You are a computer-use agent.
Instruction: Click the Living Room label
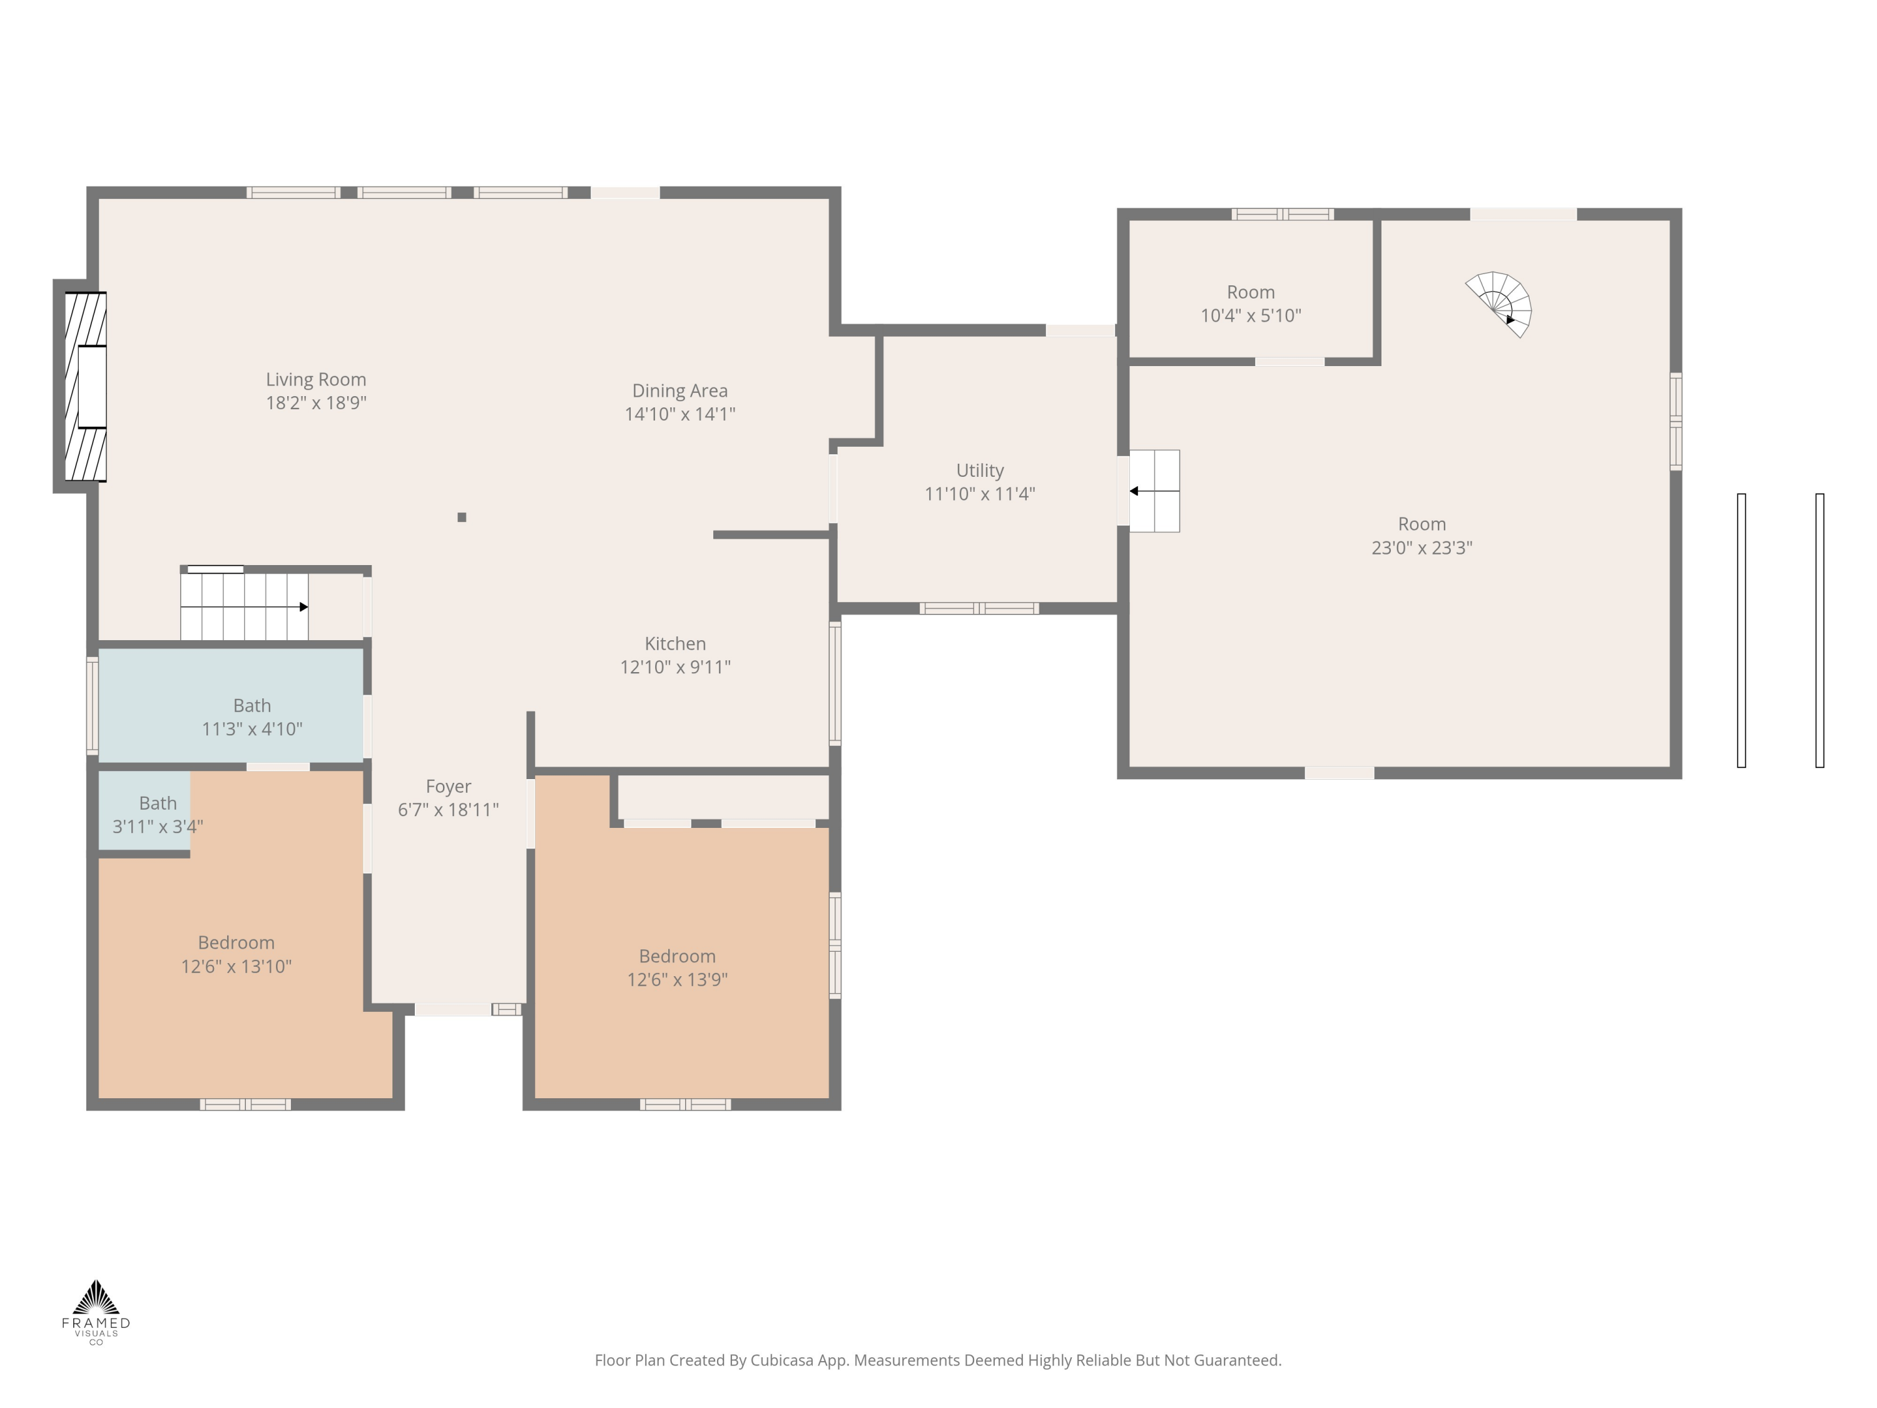click(x=316, y=390)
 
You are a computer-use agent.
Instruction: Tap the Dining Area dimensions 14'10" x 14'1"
click(x=679, y=414)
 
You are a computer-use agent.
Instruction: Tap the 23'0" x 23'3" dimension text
click(x=1422, y=548)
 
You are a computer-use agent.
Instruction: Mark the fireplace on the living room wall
click(x=86, y=386)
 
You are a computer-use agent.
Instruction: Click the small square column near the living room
click(x=462, y=517)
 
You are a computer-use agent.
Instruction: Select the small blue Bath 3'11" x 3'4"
click(x=145, y=810)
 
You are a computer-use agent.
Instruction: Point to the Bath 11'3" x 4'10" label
click(x=252, y=717)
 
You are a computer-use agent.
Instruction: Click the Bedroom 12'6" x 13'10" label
click(x=236, y=954)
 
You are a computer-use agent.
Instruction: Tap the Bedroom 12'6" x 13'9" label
click(x=677, y=967)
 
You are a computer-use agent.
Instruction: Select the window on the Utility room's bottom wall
click(x=979, y=608)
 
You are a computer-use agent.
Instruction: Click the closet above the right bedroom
click(x=723, y=797)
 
